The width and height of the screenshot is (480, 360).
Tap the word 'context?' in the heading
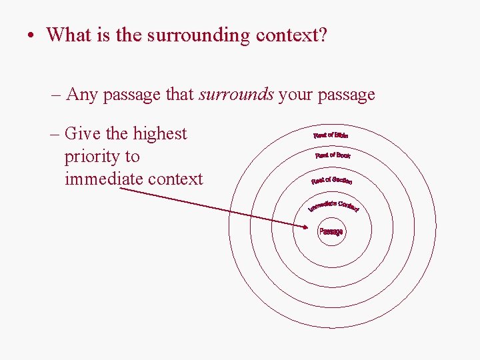tap(290, 35)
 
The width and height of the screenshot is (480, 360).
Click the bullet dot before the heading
tap(32, 35)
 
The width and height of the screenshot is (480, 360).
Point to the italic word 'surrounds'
tap(236, 95)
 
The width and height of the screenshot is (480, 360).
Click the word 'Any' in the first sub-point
tap(82, 95)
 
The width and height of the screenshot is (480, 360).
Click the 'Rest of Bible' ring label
tap(331, 135)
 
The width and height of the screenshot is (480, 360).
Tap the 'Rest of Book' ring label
tap(333, 155)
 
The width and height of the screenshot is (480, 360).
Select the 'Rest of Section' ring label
tap(331, 180)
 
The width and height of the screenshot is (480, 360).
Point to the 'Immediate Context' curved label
tap(333, 205)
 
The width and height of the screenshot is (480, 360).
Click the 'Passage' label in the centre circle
tap(331, 231)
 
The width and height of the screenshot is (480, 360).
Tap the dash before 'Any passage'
tap(56, 95)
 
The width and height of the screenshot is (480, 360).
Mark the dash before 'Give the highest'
tap(56, 134)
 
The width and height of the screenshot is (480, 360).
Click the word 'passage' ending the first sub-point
tap(346, 95)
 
